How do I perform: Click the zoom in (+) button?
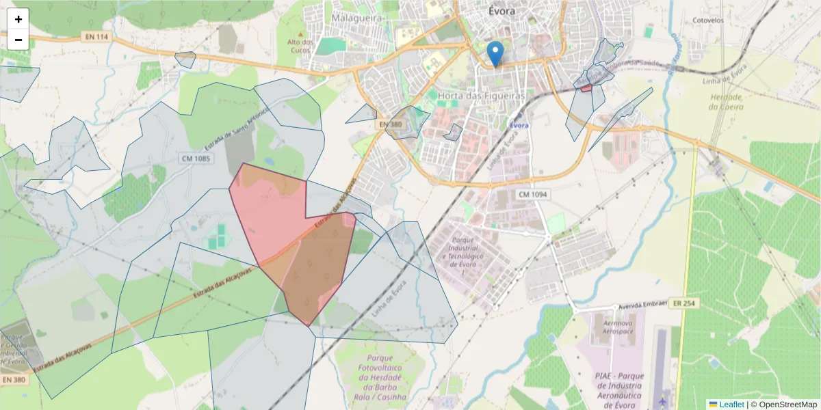[18, 19]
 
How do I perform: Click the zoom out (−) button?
[18, 40]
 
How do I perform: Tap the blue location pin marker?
[495, 53]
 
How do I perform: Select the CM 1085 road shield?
[196, 159]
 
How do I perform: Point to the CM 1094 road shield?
[532, 195]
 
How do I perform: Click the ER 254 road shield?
[684, 303]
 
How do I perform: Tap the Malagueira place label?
[356, 18]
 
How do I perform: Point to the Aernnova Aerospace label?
[613, 326]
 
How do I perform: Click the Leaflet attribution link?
[731, 405]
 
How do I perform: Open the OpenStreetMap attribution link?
[787, 405]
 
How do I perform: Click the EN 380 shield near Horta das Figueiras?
[391, 124]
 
